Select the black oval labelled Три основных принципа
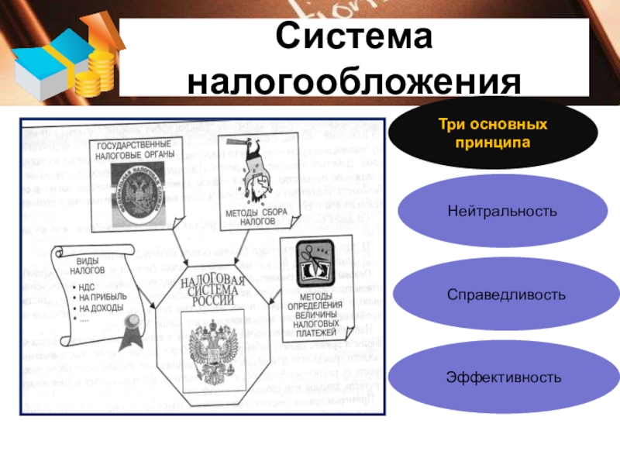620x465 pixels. click(493, 134)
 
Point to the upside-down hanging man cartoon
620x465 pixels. click(252, 174)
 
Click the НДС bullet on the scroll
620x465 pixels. click(86, 287)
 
